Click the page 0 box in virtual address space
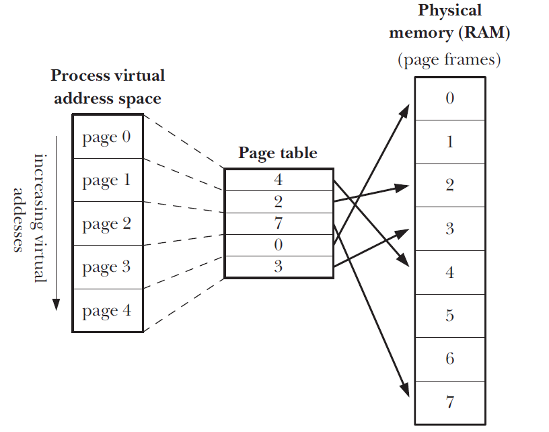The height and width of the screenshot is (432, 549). click(108, 138)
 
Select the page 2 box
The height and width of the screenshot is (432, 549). click(108, 224)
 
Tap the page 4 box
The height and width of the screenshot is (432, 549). click(108, 311)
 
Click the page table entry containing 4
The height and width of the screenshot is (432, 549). click(278, 180)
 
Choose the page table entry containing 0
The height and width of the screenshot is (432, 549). click(278, 246)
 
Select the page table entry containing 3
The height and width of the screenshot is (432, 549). click(278, 267)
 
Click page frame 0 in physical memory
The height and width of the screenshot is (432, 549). click(449, 98)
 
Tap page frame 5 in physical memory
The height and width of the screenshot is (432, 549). click(449, 316)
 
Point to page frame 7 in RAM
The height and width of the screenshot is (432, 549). click(449, 403)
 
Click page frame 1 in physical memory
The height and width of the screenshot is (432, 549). click(449, 142)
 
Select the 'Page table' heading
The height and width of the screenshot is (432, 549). click(277, 153)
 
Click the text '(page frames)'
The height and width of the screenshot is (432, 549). click(449, 60)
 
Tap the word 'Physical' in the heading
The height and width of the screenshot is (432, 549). click(450, 11)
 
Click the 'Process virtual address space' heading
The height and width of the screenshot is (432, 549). click(108, 87)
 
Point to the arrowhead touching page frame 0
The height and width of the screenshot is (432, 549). click(406, 109)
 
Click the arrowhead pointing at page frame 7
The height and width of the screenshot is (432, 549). click(405, 391)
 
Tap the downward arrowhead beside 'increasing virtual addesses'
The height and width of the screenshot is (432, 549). click(56, 303)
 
